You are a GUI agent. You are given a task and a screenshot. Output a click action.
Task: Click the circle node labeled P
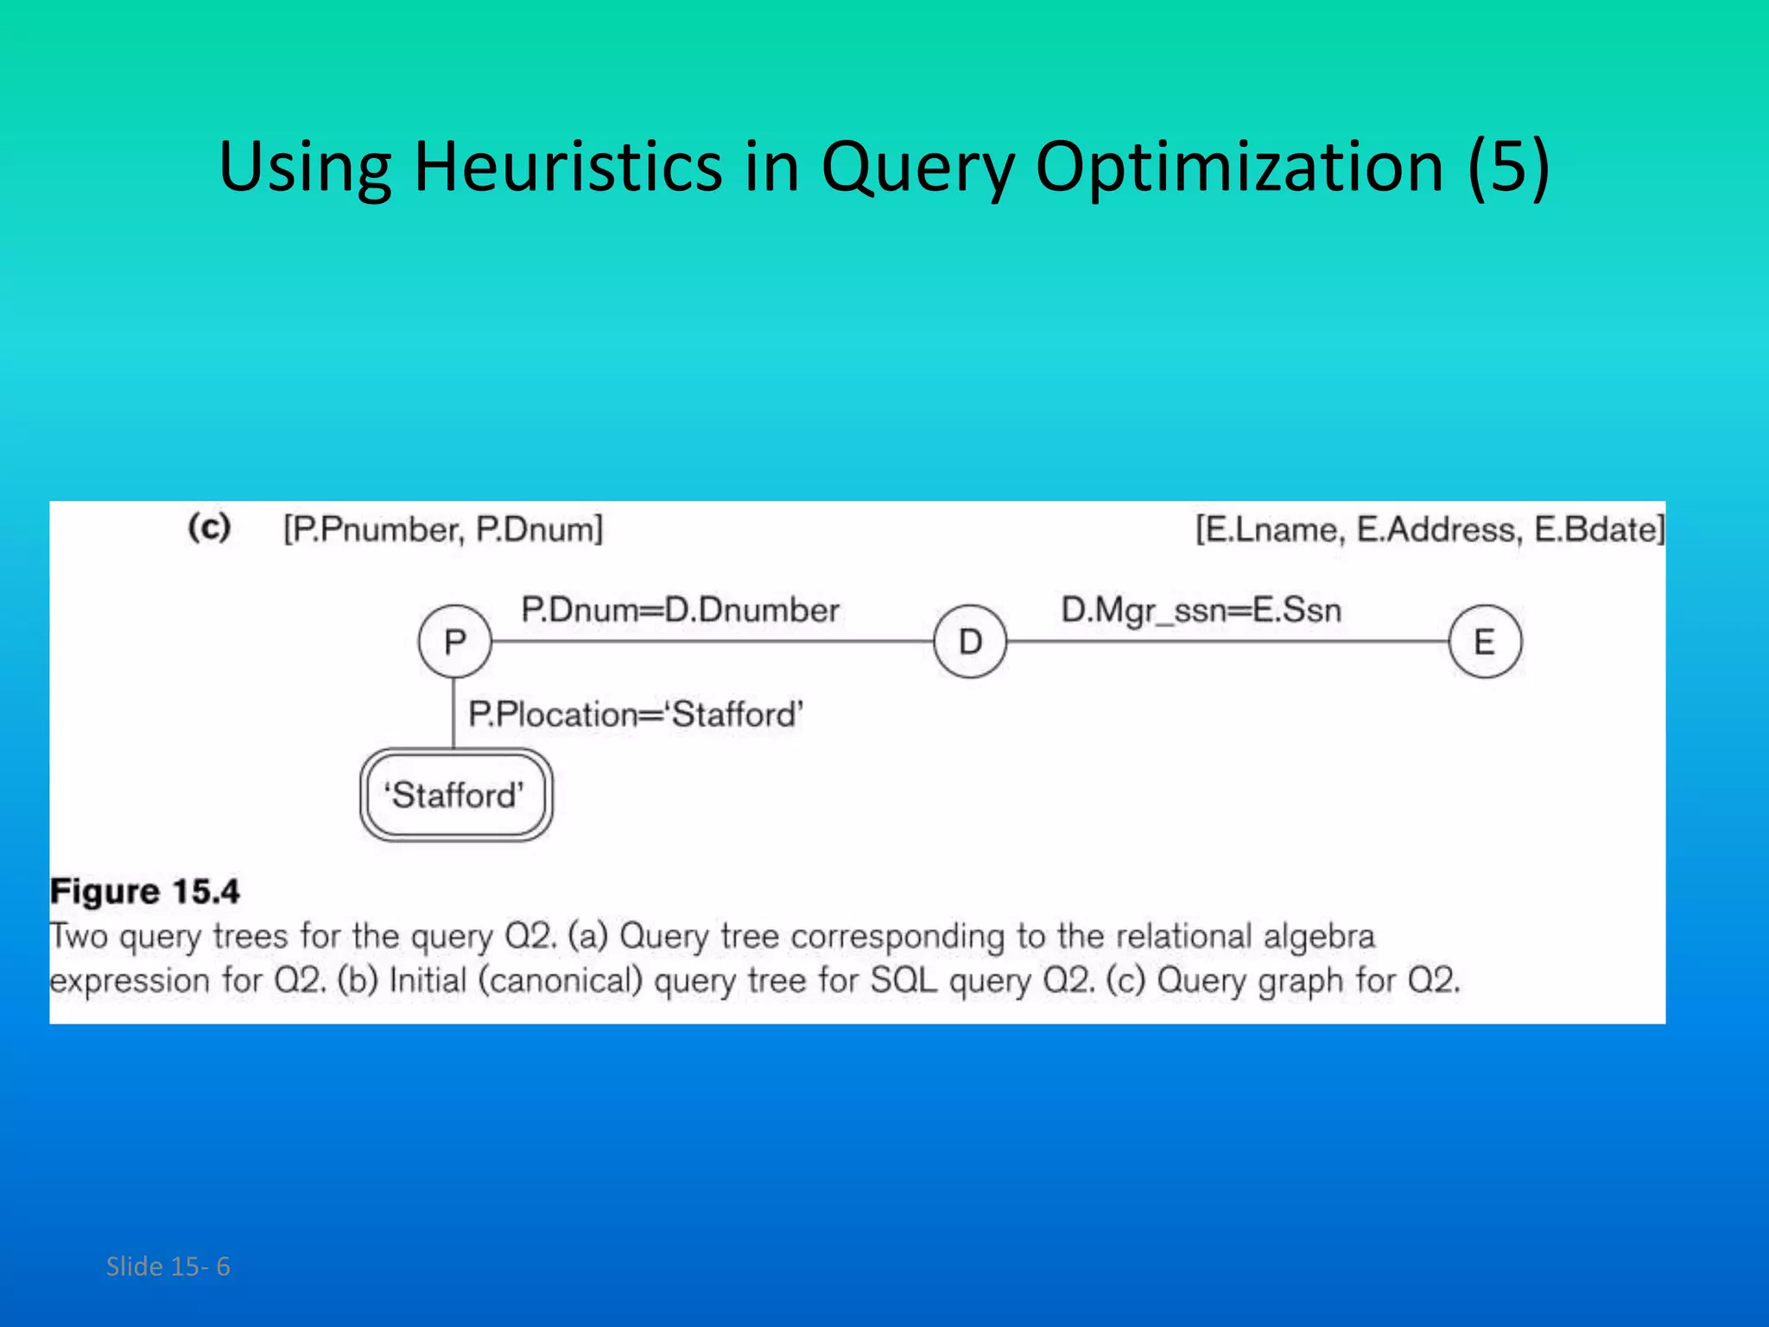pyautogui.click(x=454, y=642)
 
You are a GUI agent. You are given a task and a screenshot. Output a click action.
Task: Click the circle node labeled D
pyautogui.click(x=970, y=642)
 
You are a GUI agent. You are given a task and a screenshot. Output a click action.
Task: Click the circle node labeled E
pyautogui.click(x=1485, y=642)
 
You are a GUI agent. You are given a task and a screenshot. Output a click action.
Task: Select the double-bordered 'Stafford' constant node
pyautogui.click(x=455, y=795)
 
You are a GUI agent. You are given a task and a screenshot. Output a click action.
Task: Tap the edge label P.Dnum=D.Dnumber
pyautogui.click(x=680, y=610)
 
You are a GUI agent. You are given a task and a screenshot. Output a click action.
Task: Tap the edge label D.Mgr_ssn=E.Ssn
pyautogui.click(x=1201, y=610)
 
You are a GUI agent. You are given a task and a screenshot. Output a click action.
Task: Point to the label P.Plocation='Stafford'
pyautogui.click(x=636, y=714)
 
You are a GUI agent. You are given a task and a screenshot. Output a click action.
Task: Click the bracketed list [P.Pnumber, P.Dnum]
pyautogui.click(x=443, y=529)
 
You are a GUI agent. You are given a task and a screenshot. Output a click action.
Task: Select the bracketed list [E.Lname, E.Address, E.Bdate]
pyautogui.click(x=1430, y=529)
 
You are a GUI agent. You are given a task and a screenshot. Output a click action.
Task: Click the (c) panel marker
pyautogui.click(x=209, y=526)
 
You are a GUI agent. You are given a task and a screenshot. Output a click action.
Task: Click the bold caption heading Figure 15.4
pyautogui.click(x=145, y=891)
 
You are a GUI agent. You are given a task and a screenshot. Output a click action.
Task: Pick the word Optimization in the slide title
pyautogui.click(x=1240, y=166)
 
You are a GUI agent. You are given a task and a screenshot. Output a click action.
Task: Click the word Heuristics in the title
pyautogui.click(x=567, y=166)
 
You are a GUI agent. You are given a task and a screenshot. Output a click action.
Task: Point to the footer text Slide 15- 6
pyautogui.click(x=168, y=1267)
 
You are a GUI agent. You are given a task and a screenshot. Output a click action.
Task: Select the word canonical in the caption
pyautogui.click(x=561, y=981)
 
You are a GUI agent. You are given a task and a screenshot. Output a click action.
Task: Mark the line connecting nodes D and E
pyautogui.click(x=1227, y=642)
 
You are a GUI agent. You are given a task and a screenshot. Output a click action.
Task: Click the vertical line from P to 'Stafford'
pyautogui.click(x=454, y=713)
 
